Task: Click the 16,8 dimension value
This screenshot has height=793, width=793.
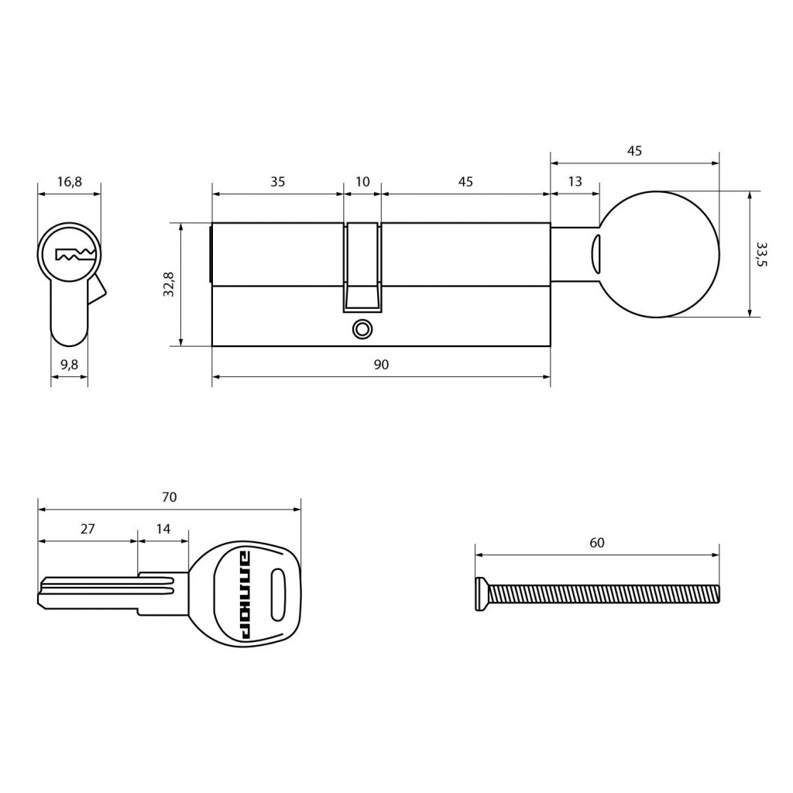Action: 69,181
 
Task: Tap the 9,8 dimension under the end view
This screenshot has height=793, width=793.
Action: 69,364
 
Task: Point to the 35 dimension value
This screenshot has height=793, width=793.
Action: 278,181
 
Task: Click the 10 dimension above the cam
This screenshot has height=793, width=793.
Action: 362,181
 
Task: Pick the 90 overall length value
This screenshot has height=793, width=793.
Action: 381,364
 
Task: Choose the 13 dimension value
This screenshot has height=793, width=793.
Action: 575,181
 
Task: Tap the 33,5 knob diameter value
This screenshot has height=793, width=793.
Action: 762,254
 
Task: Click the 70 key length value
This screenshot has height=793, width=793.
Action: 170,497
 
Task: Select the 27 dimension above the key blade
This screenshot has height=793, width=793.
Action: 88,528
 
